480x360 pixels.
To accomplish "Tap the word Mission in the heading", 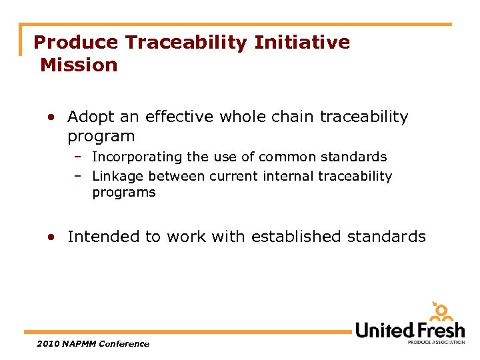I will (79, 65).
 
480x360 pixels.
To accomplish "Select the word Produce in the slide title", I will (75, 43).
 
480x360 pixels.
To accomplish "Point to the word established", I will (305, 237).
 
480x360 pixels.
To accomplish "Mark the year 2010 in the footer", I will (49, 344).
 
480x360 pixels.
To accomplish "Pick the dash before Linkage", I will (78, 176).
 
